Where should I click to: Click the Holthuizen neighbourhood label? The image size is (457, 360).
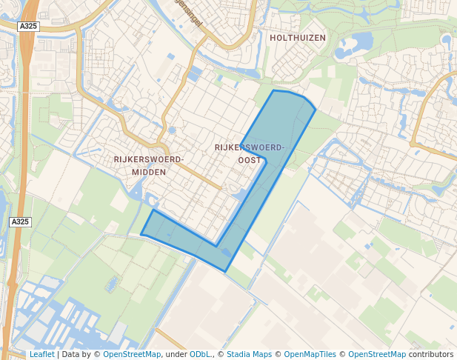coord(298,37)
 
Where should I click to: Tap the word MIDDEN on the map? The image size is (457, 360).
coord(149,172)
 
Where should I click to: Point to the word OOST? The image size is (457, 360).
coord(250,160)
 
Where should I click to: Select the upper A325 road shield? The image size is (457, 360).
coord(29,26)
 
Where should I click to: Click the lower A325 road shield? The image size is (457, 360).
coord(20,221)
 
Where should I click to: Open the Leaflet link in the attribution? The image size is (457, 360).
coord(41,354)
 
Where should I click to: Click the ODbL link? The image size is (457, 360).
coord(201,354)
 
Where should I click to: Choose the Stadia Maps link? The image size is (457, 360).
coord(249,354)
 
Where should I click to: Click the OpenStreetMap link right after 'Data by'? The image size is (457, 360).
coord(132,354)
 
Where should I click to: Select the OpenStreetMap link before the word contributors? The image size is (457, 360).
coord(377,354)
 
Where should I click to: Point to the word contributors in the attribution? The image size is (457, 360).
coord(431,354)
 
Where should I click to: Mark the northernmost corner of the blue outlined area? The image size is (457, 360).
coord(274,90)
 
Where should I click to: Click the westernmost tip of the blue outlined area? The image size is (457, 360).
coord(141,235)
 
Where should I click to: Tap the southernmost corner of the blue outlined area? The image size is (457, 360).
coord(226,271)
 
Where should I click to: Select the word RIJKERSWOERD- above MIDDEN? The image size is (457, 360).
coord(149,159)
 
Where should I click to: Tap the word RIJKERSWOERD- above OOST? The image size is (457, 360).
coord(250,147)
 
